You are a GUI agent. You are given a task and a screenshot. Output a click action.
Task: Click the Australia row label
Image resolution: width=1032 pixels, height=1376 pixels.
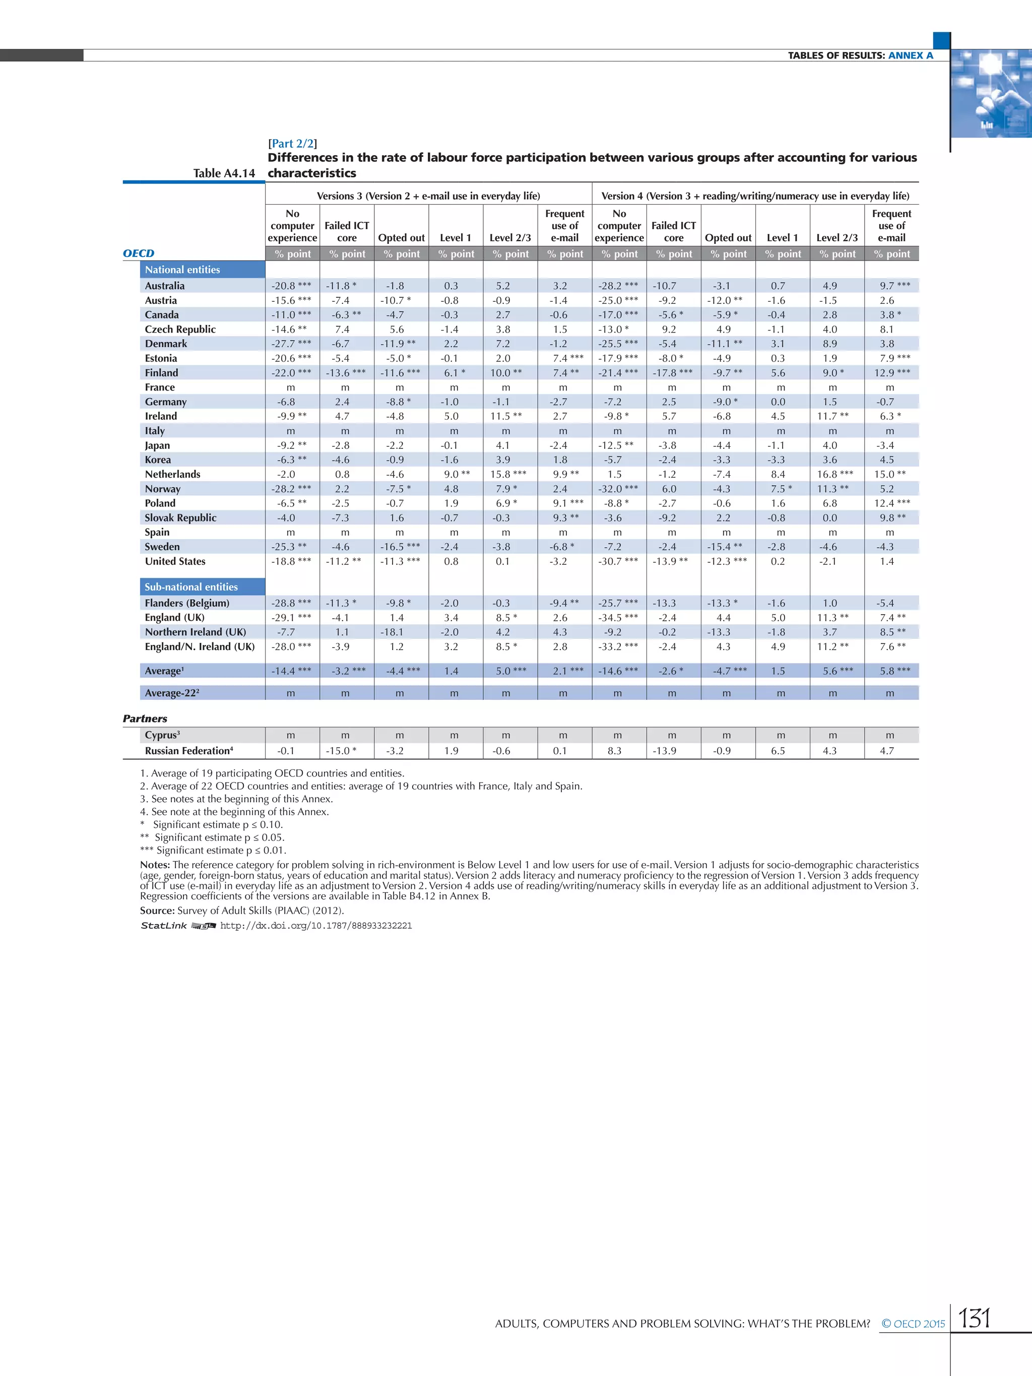[x=165, y=286]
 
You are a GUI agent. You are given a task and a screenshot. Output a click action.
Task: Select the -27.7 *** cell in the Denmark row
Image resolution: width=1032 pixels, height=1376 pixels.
[x=291, y=344]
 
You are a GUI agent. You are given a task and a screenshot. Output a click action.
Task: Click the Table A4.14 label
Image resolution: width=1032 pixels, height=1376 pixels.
[x=224, y=173]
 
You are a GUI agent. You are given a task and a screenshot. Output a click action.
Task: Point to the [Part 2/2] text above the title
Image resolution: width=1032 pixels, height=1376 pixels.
[x=292, y=144]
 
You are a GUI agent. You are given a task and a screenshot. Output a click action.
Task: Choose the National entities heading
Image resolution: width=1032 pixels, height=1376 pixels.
[x=182, y=270]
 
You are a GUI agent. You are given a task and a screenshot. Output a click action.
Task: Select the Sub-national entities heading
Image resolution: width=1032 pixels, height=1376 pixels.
[x=191, y=586]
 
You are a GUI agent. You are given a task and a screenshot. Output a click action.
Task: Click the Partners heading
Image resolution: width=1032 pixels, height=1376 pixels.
[x=145, y=718]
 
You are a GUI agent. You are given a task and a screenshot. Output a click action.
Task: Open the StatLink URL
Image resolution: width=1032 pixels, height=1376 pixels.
[x=316, y=926]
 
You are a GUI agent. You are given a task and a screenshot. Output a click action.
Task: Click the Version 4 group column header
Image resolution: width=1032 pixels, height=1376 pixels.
[x=754, y=196]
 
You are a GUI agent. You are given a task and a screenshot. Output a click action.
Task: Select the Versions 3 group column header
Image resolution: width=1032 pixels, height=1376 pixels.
[x=428, y=196]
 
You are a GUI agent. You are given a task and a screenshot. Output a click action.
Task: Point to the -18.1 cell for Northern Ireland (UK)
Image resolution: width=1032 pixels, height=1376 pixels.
[x=396, y=632]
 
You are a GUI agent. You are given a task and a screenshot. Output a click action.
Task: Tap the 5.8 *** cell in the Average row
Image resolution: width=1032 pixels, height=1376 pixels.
[x=891, y=671]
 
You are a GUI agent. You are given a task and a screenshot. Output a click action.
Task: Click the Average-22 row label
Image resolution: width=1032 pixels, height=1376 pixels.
[x=172, y=693]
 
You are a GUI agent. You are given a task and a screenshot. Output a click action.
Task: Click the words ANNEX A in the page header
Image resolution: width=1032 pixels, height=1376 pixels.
[x=910, y=55]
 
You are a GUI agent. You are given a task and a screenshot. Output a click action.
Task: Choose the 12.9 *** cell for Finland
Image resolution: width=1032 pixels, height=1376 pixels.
[x=891, y=373]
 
